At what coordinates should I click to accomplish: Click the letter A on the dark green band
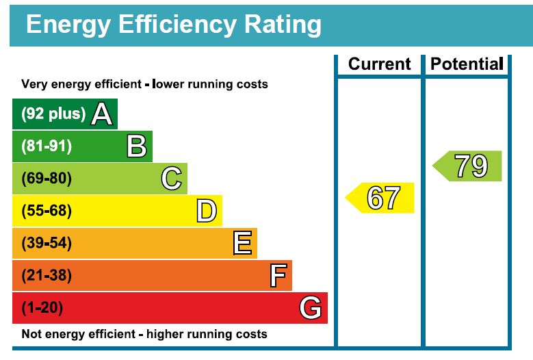(x=102, y=114)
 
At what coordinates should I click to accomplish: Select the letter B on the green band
(x=137, y=146)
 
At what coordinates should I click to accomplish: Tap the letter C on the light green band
(x=172, y=179)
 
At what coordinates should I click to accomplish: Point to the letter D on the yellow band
(x=207, y=211)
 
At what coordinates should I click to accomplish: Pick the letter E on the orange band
(x=242, y=243)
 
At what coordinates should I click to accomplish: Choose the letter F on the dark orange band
(x=277, y=276)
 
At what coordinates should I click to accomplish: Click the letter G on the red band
(x=311, y=308)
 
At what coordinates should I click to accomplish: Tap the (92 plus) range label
(x=53, y=114)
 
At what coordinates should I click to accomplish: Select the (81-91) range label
(x=47, y=146)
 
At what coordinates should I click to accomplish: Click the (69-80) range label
(x=47, y=179)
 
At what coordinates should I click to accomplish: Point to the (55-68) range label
(x=47, y=211)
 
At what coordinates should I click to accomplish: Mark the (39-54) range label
(x=47, y=243)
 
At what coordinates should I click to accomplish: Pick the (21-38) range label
(x=47, y=276)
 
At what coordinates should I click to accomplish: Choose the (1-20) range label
(x=42, y=308)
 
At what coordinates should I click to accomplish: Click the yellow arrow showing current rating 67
(x=381, y=198)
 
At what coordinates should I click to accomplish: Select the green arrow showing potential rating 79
(x=469, y=166)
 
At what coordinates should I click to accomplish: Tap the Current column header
(x=380, y=64)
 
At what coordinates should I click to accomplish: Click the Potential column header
(x=467, y=64)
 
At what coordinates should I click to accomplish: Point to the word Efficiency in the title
(x=167, y=24)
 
